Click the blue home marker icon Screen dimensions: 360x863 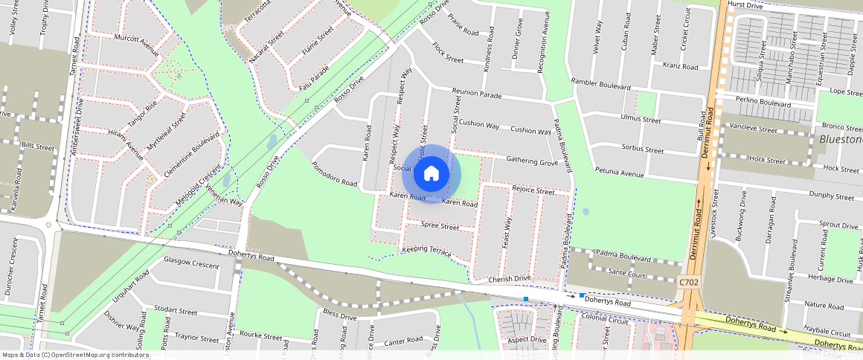click(431, 174)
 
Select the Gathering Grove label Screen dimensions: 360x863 click(532, 161)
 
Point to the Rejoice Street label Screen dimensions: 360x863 click(533, 190)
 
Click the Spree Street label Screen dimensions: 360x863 click(440, 225)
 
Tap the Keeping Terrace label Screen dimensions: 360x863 click(426, 251)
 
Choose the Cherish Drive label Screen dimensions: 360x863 click(510, 280)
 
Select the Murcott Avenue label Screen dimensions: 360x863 click(136, 44)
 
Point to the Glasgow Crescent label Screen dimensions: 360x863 click(191, 263)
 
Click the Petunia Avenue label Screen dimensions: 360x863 click(620, 174)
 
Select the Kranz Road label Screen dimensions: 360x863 click(680, 66)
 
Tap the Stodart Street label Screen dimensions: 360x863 click(176, 309)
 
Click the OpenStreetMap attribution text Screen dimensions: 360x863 click(75, 355)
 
